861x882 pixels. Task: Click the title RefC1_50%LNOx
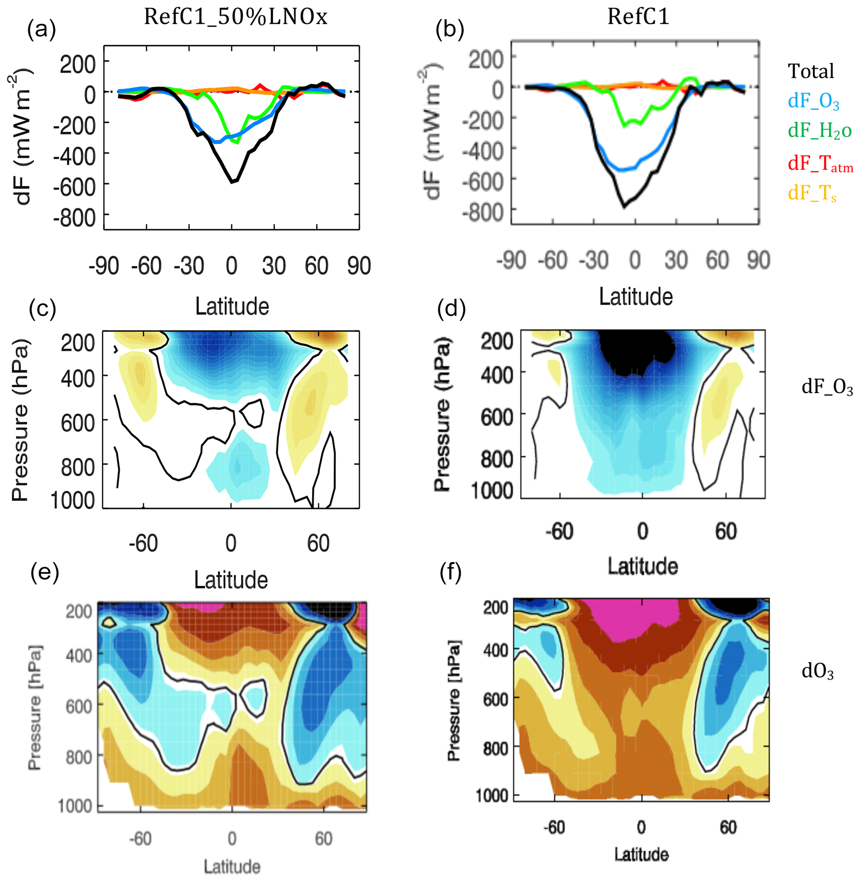(x=235, y=17)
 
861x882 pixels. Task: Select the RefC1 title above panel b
(x=638, y=17)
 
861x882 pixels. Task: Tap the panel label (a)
(x=42, y=30)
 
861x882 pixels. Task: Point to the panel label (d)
(x=451, y=310)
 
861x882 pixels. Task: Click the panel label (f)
(x=451, y=574)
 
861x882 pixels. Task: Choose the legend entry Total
(x=811, y=72)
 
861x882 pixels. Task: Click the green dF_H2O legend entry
(x=819, y=131)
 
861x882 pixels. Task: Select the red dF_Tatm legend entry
(x=820, y=163)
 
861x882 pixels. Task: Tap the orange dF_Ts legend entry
(x=812, y=193)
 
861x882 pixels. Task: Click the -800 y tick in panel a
(x=75, y=218)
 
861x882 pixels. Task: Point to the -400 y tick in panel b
(x=483, y=151)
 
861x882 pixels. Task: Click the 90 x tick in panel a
(x=359, y=266)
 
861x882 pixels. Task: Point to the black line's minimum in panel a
(x=232, y=182)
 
